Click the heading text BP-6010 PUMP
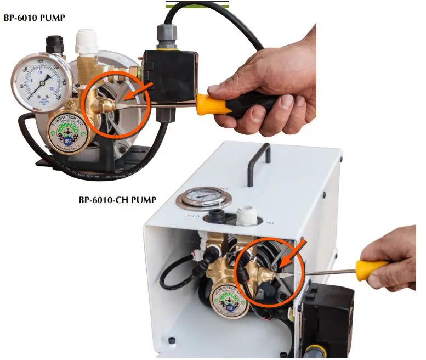[35, 18]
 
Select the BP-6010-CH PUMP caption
[117, 200]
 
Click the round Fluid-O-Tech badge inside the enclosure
[229, 299]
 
